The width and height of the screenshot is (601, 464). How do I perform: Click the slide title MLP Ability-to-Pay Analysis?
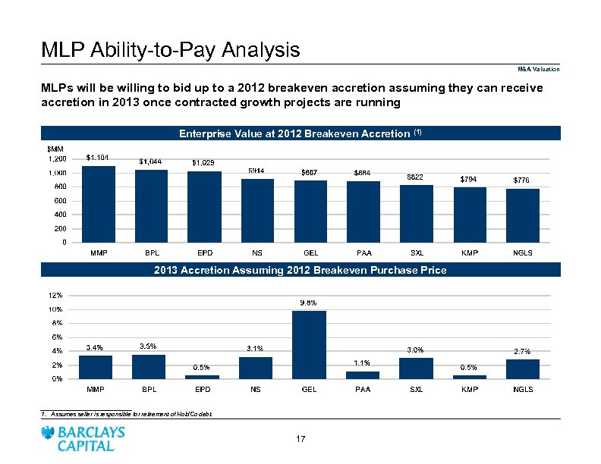[171, 51]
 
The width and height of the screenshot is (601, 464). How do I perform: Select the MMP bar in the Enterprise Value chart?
[98, 204]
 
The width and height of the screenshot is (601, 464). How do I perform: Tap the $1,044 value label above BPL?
[151, 161]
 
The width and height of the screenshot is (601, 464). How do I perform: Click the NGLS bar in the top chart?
[522, 215]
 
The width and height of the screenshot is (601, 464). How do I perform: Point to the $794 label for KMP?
[470, 179]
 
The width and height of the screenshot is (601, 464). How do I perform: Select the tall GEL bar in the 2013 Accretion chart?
[309, 344]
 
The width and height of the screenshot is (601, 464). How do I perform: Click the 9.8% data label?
[309, 303]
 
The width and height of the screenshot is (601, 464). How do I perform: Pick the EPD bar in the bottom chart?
[202, 377]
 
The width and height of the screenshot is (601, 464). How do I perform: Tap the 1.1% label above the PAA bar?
[362, 363]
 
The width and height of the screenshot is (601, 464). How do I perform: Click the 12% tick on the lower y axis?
[55, 295]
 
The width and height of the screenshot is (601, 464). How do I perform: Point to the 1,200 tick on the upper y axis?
[57, 158]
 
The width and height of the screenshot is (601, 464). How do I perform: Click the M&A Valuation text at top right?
[540, 70]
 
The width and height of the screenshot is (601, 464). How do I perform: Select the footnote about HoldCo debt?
[127, 414]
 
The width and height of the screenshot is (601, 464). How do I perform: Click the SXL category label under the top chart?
[416, 252]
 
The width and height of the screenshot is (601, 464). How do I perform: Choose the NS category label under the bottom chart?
[256, 390]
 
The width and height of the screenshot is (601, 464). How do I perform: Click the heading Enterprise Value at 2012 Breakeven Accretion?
[300, 133]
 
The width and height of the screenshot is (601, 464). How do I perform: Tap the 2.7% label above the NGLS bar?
[522, 352]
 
